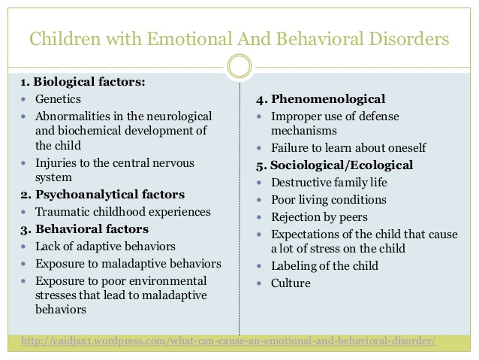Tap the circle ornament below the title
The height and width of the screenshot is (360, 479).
pyautogui.click(x=239, y=68)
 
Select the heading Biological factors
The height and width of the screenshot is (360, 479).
pyautogui.click(x=88, y=81)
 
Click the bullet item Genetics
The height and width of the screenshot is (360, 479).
pyautogui.click(x=58, y=98)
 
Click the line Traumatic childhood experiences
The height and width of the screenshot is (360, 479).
pyautogui.click(x=123, y=212)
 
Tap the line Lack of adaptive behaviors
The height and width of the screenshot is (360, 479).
pyautogui.click(x=105, y=246)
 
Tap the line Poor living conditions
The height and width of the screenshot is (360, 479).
pyautogui.click(x=329, y=199)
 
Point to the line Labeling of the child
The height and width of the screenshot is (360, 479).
pyautogui.click(x=324, y=265)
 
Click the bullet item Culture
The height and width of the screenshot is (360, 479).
pyautogui.click(x=291, y=283)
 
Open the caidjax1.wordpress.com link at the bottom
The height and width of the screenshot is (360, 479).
pyautogui.click(x=228, y=341)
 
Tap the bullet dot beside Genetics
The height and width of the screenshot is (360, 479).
pyautogui.click(x=25, y=99)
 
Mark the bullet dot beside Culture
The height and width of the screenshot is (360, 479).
pyautogui.click(x=259, y=284)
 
